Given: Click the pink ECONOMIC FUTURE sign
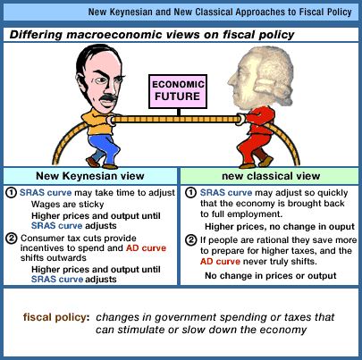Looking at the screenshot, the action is [x=178, y=91].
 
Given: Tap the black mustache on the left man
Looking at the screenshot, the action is [x=108, y=98].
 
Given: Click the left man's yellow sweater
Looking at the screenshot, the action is [x=98, y=122].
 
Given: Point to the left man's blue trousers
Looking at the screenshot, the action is [x=103, y=149].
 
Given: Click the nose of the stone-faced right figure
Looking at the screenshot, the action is [x=231, y=80].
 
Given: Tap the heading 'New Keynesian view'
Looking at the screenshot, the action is [x=90, y=176].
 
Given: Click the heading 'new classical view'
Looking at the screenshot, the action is [x=271, y=176].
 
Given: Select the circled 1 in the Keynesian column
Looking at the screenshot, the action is [x=11, y=193].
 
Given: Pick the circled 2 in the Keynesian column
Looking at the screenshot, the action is [x=11, y=239].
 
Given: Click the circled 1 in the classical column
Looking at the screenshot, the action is [x=190, y=193].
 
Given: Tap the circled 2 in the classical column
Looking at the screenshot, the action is [x=190, y=240].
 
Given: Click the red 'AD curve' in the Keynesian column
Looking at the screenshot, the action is [x=146, y=248].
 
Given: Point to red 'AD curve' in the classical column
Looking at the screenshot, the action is [x=220, y=262].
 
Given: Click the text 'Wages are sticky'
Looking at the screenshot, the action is [x=68, y=205].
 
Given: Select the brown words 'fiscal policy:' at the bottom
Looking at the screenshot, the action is [x=56, y=317].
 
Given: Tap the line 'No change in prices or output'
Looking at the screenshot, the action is [x=271, y=276].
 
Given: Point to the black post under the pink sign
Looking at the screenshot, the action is [x=179, y=113].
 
